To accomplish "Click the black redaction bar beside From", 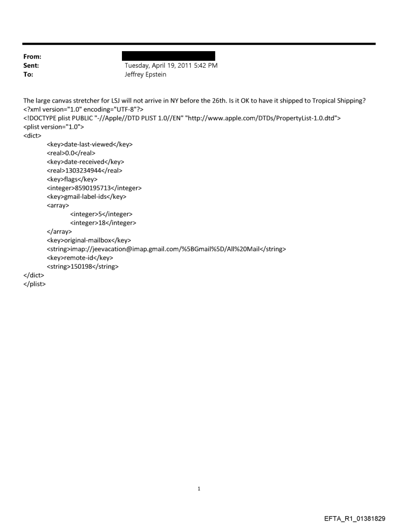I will [x=168, y=56].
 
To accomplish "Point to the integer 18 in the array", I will [x=103, y=223].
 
